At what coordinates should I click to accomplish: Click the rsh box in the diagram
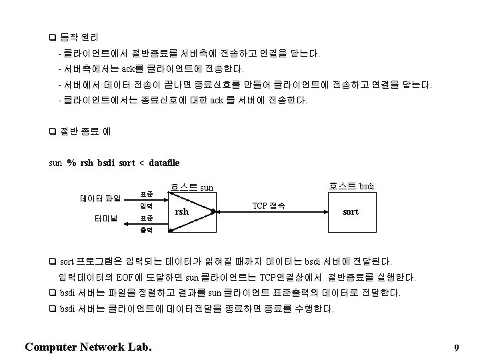click(181, 212)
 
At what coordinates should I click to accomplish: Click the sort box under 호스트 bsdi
click(350, 211)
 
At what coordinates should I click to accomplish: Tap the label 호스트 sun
click(192, 187)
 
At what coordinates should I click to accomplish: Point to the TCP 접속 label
click(269, 205)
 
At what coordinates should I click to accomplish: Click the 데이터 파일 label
click(100, 199)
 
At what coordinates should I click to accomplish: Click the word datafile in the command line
click(165, 163)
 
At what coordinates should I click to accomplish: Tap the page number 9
click(456, 348)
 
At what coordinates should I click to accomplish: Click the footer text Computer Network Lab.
click(87, 347)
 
